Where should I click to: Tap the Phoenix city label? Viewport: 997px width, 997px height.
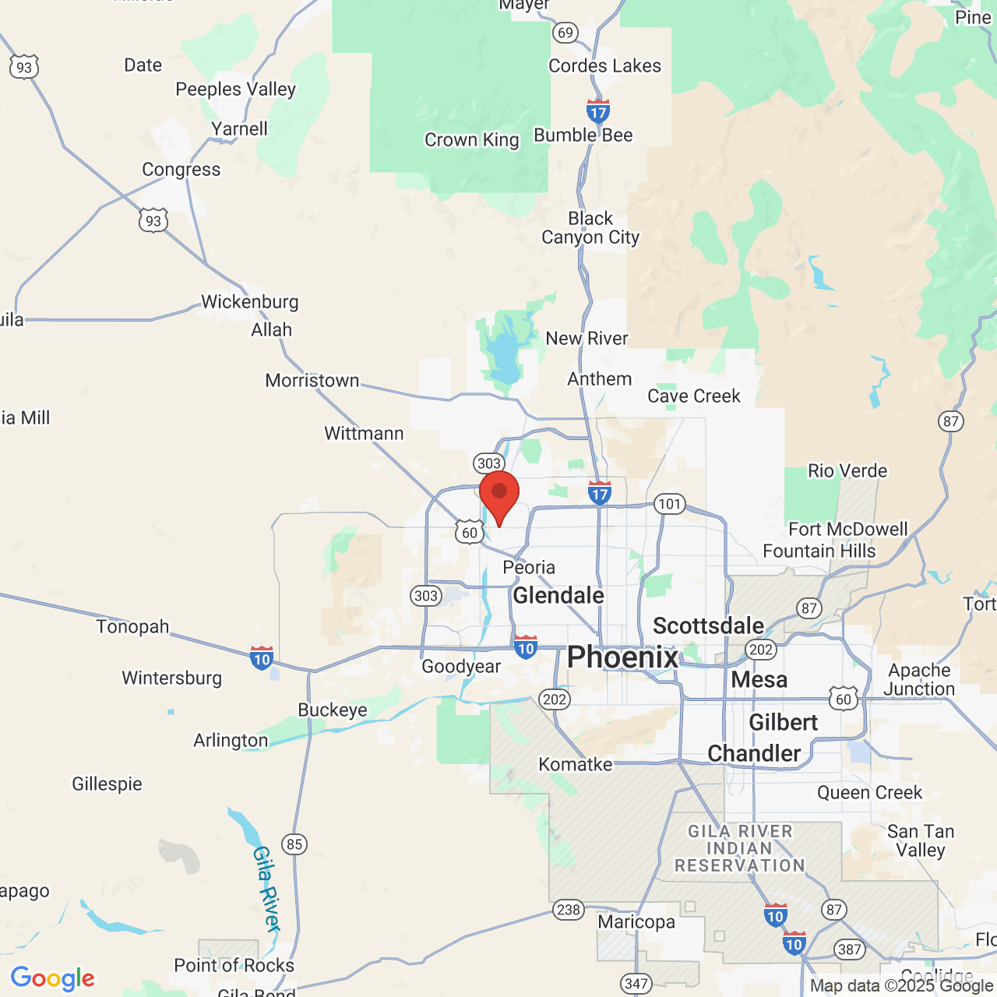click(622, 657)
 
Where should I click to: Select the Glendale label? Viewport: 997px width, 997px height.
click(558, 596)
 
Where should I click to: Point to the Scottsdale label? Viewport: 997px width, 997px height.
click(708, 625)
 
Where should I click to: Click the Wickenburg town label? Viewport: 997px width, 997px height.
click(249, 301)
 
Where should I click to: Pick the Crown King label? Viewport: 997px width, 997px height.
click(471, 140)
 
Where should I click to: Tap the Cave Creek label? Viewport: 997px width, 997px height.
click(694, 396)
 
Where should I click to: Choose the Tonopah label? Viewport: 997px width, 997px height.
click(132, 627)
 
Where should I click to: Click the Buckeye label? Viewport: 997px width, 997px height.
click(333, 710)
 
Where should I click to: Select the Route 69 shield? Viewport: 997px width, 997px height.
click(565, 33)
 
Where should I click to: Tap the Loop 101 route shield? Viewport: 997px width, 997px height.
click(669, 504)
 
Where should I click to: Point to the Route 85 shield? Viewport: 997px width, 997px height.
click(294, 844)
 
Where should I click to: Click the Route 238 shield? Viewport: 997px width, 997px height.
click(569, 910)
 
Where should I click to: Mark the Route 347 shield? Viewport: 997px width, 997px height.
click(636, 983)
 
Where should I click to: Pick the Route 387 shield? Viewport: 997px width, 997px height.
click(849, 949)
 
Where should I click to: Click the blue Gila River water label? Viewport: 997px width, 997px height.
click(266, 889)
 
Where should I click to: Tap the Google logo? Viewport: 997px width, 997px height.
click(53, 978)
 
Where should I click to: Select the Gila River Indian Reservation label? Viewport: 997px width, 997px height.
click(739, 849)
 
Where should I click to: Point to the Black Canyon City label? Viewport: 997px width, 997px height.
click(590, 227)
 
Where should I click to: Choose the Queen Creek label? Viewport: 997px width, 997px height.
click(869, 793)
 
